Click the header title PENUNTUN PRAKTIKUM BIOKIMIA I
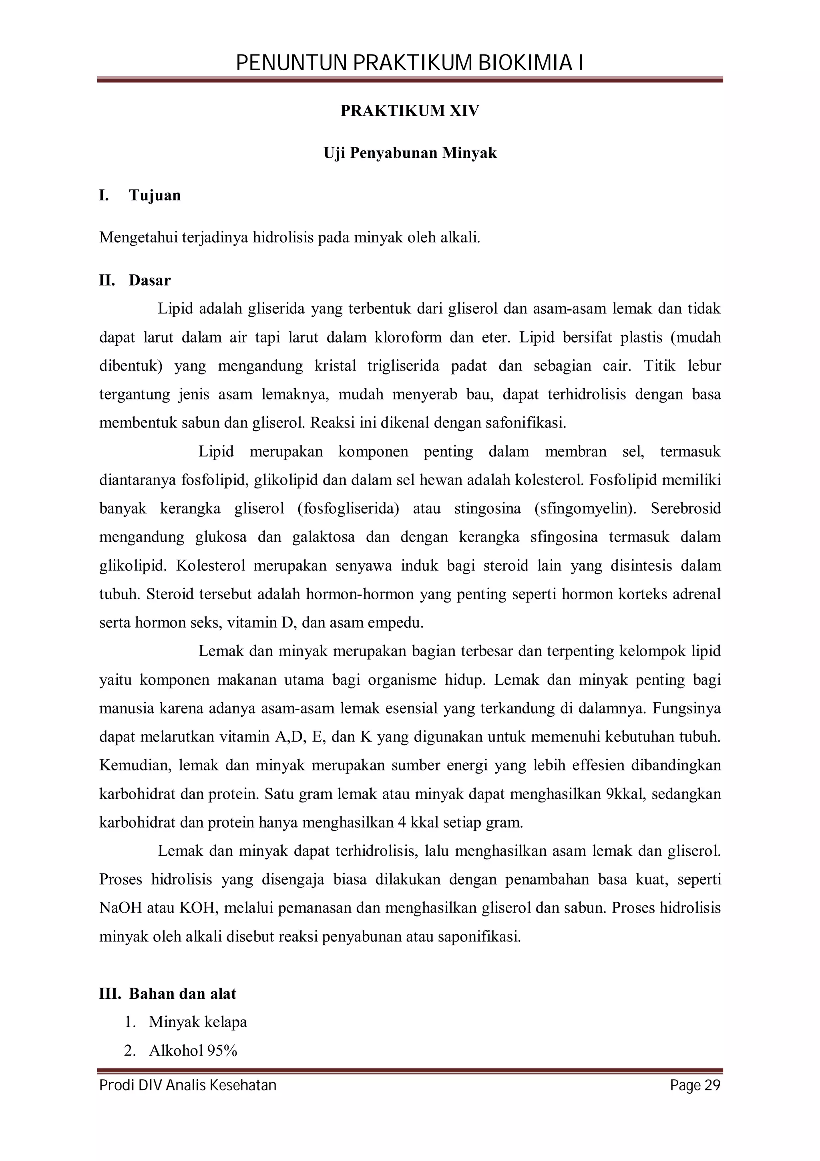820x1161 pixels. tap(410, 64)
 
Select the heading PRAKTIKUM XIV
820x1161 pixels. tap(410, 111)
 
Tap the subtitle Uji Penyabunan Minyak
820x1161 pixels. tap(410, 153)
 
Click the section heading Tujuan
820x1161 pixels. tap(155, 195)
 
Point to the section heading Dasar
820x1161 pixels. tap(150, 280)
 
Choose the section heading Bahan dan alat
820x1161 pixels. tap(183, 994)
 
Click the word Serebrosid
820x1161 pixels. tap(685, 508)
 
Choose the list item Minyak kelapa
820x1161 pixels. tap(197, 1022)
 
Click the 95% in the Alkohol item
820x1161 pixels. tap(222, 1051)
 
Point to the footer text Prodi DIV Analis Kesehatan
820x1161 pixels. tap(188, 1085)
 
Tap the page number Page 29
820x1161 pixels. tap(695, 1085)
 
